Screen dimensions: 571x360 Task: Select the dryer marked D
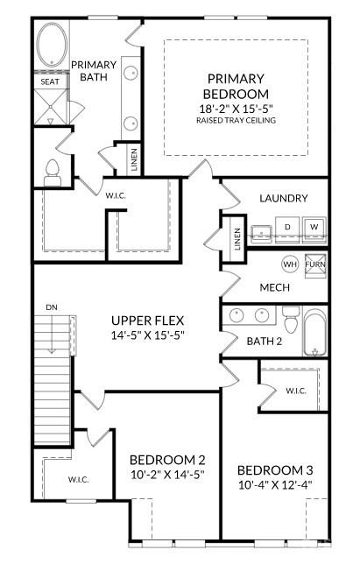click(286, 228)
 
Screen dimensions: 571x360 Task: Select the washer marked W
click(314, 228)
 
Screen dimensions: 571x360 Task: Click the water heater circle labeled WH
click(288, 264)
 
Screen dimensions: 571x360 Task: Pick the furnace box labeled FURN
click(314, 264)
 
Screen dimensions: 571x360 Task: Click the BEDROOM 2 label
click(166, 460)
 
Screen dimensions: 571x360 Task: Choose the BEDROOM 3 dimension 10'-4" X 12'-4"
click(275, 483)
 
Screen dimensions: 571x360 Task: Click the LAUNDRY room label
click(283, 198)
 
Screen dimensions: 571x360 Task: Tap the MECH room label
click(274, 287)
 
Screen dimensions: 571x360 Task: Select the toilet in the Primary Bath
click(52, 171)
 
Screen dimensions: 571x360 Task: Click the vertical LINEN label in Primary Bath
click(134, 160)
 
